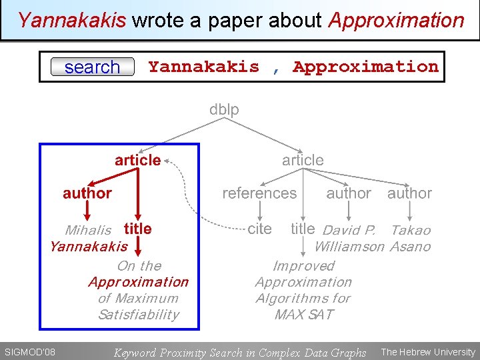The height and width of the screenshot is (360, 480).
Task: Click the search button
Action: coord(93,67)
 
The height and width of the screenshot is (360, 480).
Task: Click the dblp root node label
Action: coord(224,109)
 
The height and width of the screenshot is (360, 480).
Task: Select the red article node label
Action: coord(137,160)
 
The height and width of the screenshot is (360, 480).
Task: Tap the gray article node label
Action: coord(303,160)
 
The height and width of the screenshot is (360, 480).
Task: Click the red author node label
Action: coord(87,193)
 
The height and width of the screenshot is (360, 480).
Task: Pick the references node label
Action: coord(259,193)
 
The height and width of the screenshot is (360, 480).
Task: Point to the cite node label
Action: coord(259,229)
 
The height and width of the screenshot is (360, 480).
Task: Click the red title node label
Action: coord(137,229)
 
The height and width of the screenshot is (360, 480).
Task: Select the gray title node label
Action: coord(303,229)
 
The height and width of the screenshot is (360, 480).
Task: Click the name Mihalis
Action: coord(88,230)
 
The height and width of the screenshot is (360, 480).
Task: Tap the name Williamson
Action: coord(349,247)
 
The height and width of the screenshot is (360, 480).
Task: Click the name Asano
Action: coord(410,247)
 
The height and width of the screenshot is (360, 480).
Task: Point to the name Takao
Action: coord(411,230)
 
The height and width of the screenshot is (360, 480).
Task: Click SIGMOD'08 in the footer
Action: coord(29,352)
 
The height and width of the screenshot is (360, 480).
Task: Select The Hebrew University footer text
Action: coord(428,352)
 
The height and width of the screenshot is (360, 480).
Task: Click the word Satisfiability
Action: coord(138,315)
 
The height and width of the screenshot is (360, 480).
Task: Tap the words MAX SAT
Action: coord(303,315)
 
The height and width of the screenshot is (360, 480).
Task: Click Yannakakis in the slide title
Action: coord(72,20)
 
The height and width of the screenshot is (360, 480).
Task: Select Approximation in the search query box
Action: coord(366,67)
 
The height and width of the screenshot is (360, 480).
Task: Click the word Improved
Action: coord(303,265)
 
